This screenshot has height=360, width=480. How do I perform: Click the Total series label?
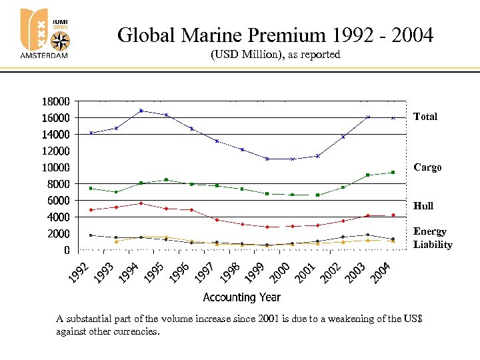[425, 117]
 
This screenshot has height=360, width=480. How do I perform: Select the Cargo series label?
[427, 167]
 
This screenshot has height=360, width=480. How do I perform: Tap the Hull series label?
[423, 206]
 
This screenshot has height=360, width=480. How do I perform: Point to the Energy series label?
[429, 231]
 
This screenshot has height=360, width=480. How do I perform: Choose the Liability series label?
[432, 245]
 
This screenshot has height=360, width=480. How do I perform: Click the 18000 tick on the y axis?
[55, 101]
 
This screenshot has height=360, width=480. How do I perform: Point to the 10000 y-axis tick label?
[55, 167]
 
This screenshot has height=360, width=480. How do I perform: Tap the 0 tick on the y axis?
[66, 250]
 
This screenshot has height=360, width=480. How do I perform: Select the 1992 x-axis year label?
[79, 271]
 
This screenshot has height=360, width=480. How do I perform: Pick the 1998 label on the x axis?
[229, 271]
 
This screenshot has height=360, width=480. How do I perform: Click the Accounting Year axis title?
[241, 297]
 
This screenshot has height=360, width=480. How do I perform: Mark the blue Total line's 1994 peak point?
[141, 111]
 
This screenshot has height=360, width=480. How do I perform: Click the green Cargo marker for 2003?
[367, 175]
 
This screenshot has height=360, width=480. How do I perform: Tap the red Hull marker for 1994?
[141, 203]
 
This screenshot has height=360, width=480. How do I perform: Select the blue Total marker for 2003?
[367, 117]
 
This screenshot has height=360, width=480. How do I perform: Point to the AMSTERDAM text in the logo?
[44, 56]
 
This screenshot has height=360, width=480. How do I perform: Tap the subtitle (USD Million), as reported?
[275, 55]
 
